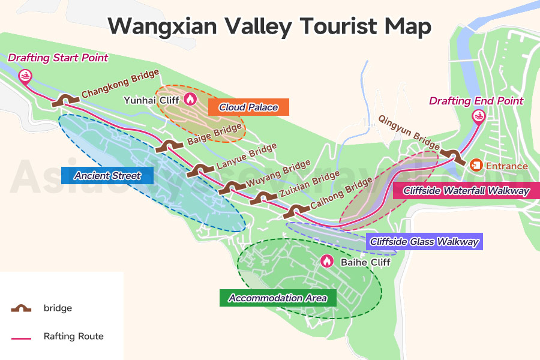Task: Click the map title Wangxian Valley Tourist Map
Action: coord(269,27)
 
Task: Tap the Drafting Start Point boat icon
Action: coord(25,76)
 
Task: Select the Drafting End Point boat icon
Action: coord(478,117)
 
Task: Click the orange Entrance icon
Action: coord(476,165)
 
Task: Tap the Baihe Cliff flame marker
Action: coord(326,262)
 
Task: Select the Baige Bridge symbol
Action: coord(169,146)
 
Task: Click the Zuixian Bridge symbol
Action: coord(262,198)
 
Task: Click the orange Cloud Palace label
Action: coord(248,107)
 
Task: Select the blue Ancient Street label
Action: coord(107,175)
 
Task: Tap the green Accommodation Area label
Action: coord(278,298)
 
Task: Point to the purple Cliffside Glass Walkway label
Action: coord(424,242)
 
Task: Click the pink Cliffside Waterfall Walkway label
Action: coord(466,191)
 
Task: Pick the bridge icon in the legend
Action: coord(21,308)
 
